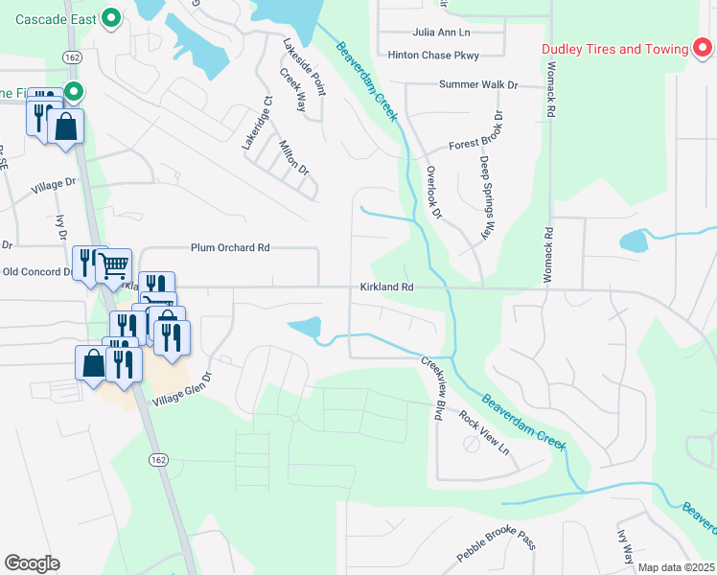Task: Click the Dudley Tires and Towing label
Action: pyautogui.click(x=614, y=49)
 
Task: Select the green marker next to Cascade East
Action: pyautogui.click(x=111, y=16)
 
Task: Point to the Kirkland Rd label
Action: pyautogui.click(x=386, y=287)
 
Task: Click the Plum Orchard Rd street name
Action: pyautogui.click(x=230, y=247)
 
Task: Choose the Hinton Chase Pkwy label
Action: pyautogui.click(x=432, y=56)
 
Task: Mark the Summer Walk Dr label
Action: pyautogui.click(x=477, y=85)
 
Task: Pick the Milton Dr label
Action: pyautogui.click(x=293, y=158)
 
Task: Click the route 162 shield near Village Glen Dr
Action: pyautogui.click(x=158, y=461)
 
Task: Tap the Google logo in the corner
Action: pyautogui.click(x=32, y=563)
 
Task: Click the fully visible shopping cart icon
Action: pyautogui.click(x=113, y=265)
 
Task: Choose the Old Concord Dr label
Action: pyautogui.click(x=36, y=271)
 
